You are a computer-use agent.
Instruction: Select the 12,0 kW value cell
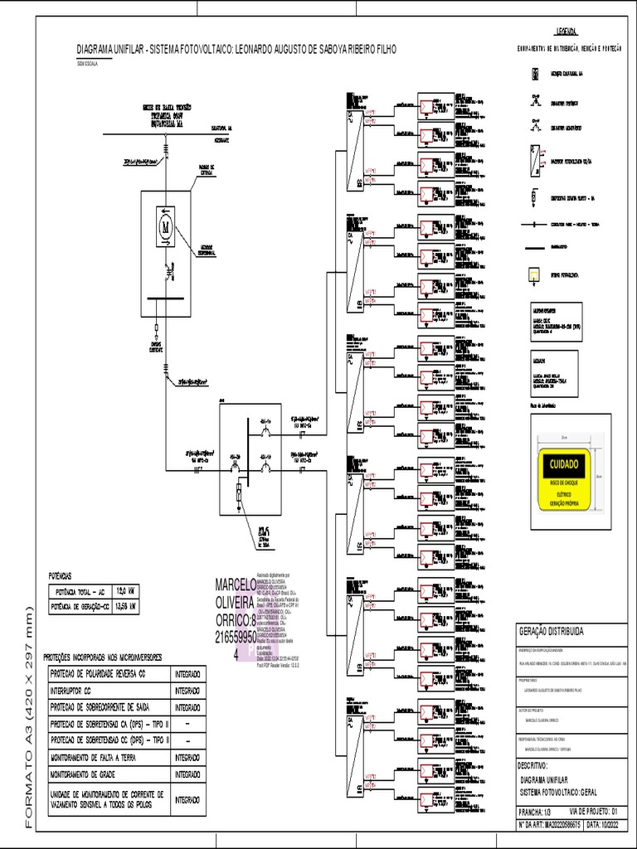pos(126,591)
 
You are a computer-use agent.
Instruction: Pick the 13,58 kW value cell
pos(126,607)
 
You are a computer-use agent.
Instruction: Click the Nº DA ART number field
pos(547,826)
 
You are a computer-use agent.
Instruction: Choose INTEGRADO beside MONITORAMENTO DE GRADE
pos(187,774)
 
